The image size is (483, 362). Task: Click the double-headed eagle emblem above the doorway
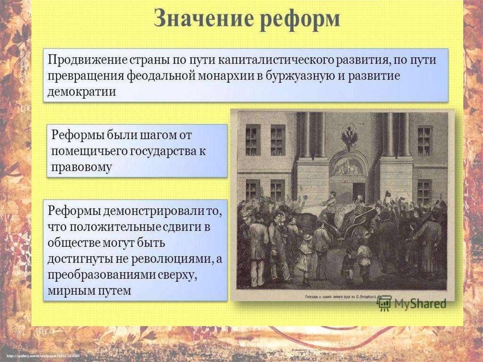point(349,138)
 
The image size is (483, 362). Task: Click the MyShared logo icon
point(384,303)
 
